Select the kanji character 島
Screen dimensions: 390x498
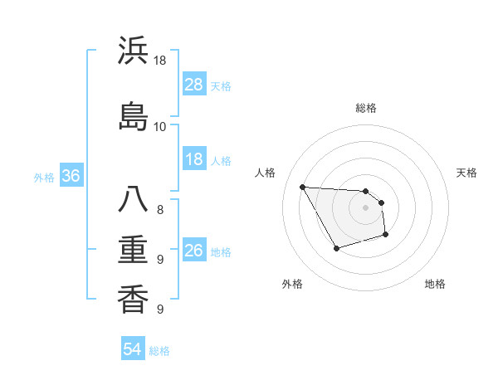133,115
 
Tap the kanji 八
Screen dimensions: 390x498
133,202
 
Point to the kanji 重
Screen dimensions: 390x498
133,250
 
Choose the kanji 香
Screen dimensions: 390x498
133,299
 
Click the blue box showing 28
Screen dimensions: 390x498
194,85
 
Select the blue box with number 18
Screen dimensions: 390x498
194,159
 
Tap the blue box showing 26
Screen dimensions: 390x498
194,251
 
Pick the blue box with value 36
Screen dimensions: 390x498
71,176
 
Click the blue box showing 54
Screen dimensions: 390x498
133,349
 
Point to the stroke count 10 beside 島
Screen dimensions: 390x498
159,126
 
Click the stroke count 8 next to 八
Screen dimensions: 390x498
160,209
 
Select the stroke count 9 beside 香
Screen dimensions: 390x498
160,310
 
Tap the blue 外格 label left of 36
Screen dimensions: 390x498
44,177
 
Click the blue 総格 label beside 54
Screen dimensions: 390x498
159,350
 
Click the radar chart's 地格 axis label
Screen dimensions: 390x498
435,284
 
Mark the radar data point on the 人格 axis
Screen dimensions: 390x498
302,187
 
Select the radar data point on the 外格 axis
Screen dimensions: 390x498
336,248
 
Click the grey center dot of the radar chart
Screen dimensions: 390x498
365,207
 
